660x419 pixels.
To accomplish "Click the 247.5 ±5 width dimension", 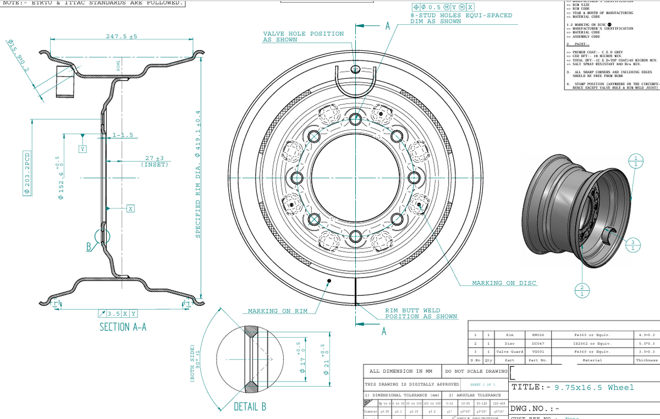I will tap(121, 36).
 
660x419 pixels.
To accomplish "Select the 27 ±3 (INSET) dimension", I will tap(154, 161).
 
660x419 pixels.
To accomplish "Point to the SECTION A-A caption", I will tap(123, 327).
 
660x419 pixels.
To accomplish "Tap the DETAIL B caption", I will tap(250, 407).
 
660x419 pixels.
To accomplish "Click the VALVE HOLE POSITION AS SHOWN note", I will tap(303, 37).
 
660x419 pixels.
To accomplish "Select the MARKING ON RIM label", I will tap(277, 311).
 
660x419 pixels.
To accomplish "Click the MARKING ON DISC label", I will tap(504, 283).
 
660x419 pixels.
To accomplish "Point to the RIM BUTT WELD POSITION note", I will tap(421, 313).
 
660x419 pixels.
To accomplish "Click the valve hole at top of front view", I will tap(356, 69).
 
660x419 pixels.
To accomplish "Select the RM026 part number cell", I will tap(538, 334).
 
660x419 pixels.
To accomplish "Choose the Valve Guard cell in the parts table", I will tap(509, 351).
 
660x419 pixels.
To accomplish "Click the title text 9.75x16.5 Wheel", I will tap(594, 387).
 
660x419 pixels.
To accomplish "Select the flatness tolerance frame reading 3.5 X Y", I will tap(117, 313).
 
